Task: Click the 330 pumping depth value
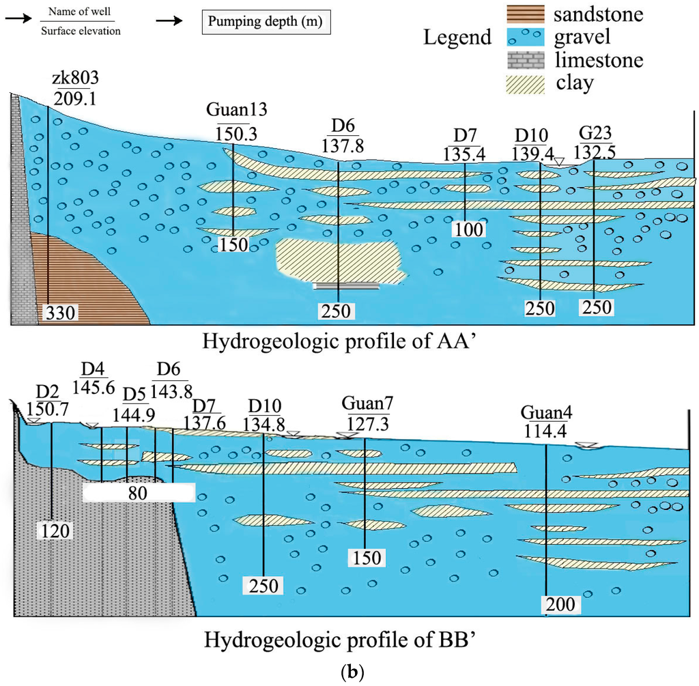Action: point(60,313)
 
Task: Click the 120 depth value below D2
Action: point(54,530)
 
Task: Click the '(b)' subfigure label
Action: point(350,671)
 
